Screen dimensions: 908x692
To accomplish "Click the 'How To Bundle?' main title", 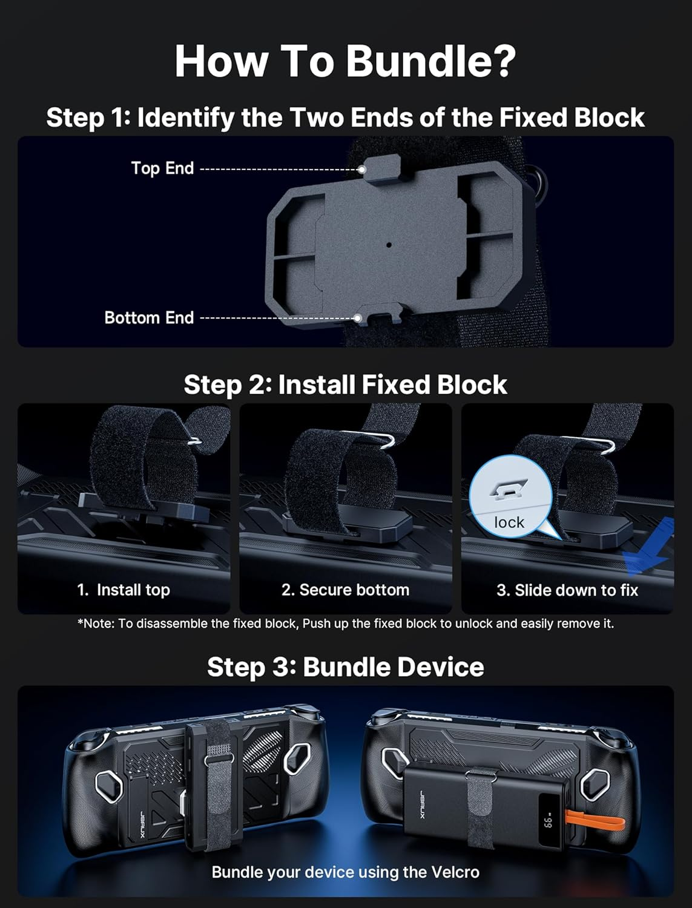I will [345, 61].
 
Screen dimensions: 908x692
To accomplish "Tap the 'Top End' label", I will [162, 168].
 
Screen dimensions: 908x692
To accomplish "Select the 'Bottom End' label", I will [149, 318].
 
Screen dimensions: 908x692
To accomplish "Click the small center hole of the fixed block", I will [389, 245].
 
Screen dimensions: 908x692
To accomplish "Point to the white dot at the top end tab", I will [361, 169].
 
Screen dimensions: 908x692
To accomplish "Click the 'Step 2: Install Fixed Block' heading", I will [345, 385].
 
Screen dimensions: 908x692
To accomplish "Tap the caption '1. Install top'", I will [124, 590].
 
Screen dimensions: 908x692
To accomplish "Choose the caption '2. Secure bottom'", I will [345, 590].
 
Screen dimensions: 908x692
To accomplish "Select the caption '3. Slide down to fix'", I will [567, 590].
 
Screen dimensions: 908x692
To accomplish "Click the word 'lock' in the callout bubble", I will [509, 522].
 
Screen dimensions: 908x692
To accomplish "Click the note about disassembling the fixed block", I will [345, 623].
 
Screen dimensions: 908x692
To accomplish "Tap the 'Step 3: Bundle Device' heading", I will [345, 667].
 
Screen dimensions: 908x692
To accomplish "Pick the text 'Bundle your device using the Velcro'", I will [345, 872].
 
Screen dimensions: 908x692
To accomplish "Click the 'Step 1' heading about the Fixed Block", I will [345, 117].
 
